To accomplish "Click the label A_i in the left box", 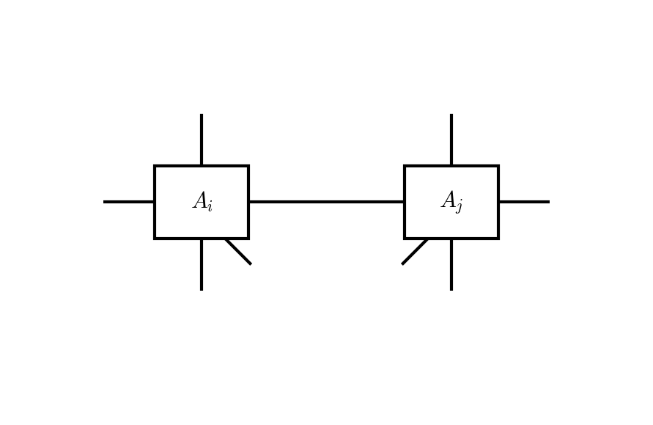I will point(202,202).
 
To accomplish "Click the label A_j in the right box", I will point(451,202).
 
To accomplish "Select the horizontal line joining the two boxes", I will point(326,202).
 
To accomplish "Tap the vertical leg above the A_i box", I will point(202,139).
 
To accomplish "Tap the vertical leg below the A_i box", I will point(202,264).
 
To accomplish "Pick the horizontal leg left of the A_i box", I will point(129,202).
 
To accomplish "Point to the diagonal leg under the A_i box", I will point(238,252).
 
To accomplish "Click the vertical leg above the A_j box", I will point(451,139).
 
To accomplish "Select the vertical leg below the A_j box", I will point(451,264).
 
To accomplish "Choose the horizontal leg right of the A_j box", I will point(523,202).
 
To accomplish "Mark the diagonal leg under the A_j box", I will point(415,252).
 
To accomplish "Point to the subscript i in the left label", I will point(210,206).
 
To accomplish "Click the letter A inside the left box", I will point(199,201).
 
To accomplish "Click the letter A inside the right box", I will point(448,200).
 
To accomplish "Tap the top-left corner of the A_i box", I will point(155,167).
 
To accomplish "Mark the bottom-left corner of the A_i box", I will point(155,238).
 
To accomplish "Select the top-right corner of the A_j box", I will point(498,167).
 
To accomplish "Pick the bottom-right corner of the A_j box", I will point(498,238).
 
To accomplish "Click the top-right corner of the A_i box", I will point(248,167).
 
